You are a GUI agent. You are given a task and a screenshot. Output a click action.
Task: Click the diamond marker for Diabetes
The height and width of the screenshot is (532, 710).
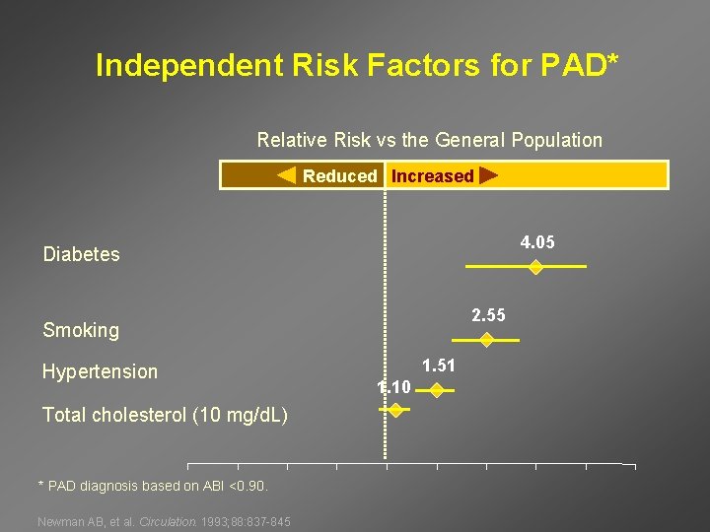534,267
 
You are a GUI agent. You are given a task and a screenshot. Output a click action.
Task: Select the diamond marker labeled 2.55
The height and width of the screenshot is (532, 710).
486,340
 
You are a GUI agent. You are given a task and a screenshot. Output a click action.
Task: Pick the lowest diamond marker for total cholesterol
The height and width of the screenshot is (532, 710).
395,410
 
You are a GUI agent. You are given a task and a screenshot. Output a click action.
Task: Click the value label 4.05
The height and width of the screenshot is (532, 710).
538,242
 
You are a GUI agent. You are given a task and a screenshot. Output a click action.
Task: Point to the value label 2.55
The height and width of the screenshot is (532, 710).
488,315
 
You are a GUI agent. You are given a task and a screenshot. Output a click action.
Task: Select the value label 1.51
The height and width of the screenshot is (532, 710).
439,366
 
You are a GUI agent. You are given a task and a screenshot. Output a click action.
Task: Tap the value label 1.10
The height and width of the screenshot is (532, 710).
394,387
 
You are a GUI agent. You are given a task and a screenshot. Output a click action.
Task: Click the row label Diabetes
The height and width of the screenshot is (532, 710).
81,254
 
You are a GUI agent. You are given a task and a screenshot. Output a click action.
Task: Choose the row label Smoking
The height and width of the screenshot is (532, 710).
80,330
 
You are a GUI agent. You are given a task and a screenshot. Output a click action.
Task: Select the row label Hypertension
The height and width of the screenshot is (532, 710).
100,371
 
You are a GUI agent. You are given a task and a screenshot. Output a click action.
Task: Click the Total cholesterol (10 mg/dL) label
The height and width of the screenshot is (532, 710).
165,415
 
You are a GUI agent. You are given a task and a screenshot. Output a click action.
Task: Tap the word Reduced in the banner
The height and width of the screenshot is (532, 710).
339,176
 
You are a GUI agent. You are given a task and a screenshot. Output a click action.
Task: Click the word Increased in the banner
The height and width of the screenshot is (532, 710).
432,176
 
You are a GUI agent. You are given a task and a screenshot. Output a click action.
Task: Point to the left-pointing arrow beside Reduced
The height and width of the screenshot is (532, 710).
286,176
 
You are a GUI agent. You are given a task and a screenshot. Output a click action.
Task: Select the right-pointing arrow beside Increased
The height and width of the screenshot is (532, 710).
487,176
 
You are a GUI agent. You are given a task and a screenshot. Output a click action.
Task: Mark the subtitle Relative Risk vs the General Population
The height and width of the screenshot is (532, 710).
429,140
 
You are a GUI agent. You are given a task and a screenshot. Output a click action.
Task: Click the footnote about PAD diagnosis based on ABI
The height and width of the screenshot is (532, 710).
152,486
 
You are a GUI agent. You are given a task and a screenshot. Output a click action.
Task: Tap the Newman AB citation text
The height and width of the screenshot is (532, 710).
164,521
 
